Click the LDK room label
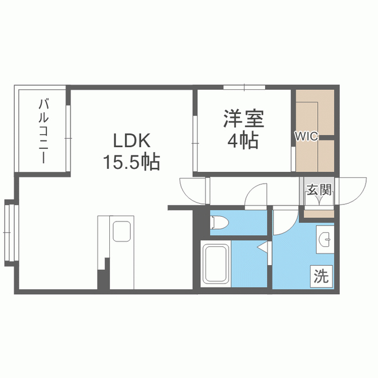coord(133,141)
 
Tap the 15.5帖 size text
coord(132,161)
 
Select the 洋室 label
coord(243,119)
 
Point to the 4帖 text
coord(243,142)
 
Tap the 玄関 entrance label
coord(318,191)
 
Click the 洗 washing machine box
coord(321,276)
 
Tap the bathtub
coord(216,263)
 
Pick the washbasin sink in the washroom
coord(325,239)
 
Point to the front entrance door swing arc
coord(348,190)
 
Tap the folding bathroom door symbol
coord(262,247)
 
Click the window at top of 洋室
coord(243,88)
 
